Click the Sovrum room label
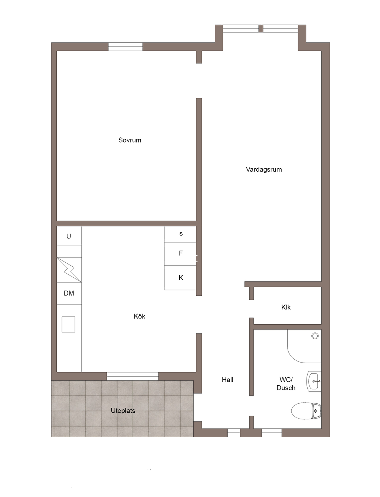(130, 140)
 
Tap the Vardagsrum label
(264, 170)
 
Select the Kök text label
(139, 316)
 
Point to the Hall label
(227, 380)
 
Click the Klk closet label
(286, 307)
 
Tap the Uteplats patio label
(123, 410)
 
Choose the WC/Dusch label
(286, 384)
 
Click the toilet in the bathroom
(306, 411)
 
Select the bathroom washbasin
(314, 381)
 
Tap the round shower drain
(315, 336)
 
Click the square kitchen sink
(68, 325)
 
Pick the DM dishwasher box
(69, 293)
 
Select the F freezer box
(180, 254)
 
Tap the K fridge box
(180, 278)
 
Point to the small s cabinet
(180, 234)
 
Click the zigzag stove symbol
(69, 270)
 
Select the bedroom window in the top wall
(125, 47)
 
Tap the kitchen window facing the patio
(132, 376)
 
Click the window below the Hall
(234, 433)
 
